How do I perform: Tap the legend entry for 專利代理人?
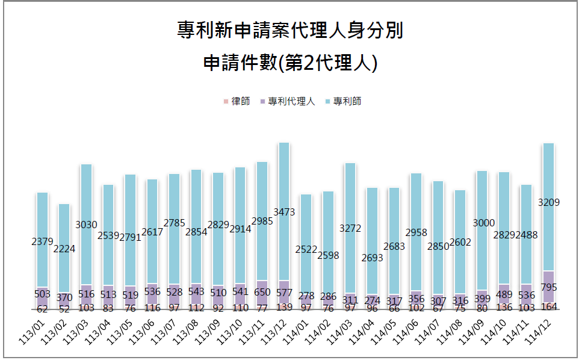(x=287, y=101)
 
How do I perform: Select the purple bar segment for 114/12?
(x=548, y=287)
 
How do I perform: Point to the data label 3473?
(x=283, y=212)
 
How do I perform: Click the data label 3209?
(x=548, y=202)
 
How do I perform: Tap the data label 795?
(x=548, y=287)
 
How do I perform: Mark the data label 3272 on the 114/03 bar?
(x=350, y=228)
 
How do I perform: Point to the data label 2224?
(x=64, y=248)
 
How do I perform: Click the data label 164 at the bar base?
(x=548, y=305)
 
